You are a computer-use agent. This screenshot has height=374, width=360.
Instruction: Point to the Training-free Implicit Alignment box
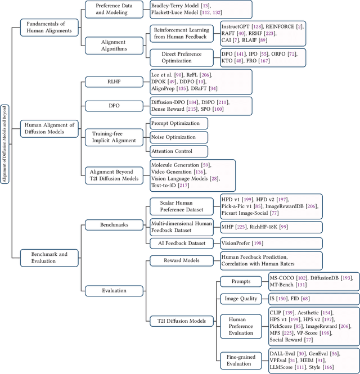point(114,137)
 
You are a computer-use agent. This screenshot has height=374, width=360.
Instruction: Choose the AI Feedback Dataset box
point(182,243)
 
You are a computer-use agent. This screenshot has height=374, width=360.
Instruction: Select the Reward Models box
point(182,260)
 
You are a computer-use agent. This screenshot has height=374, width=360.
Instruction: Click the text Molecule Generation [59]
point(178,165)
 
